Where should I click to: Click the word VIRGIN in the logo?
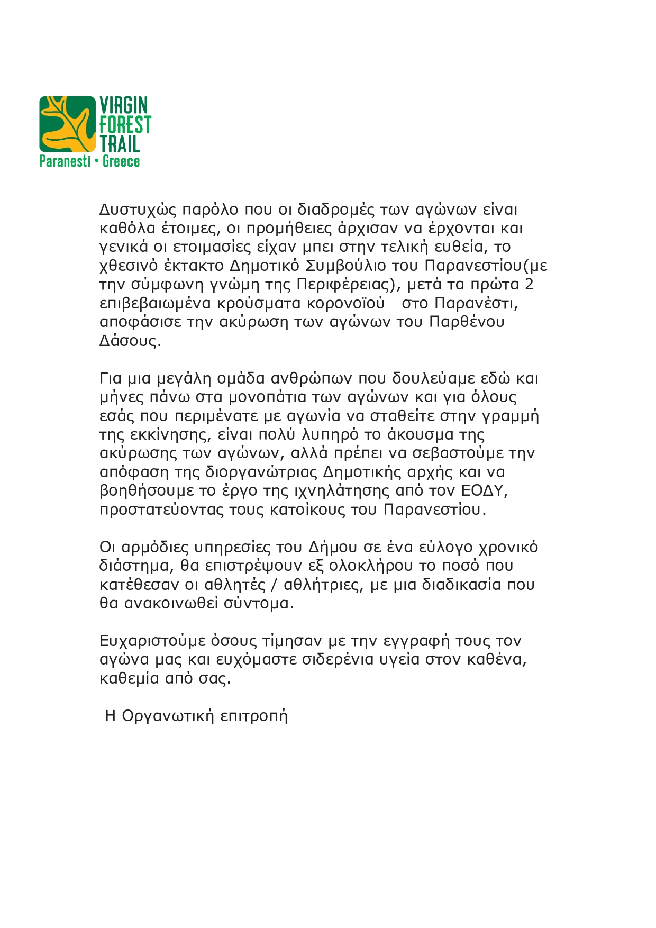click(x=124, y=105)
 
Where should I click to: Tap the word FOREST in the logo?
click(x=125, y=125)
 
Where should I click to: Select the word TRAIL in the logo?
click(x=120, y=144)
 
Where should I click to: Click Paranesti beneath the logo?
click(x=65, y=161)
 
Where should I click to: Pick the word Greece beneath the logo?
click(x=121, y=161)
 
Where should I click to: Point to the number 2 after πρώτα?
click(x=529, y=285)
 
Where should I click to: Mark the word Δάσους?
click(x=130, y=341)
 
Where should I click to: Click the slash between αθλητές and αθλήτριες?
click(x=275, y=585)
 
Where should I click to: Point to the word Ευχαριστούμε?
click(x=152, y=641)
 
